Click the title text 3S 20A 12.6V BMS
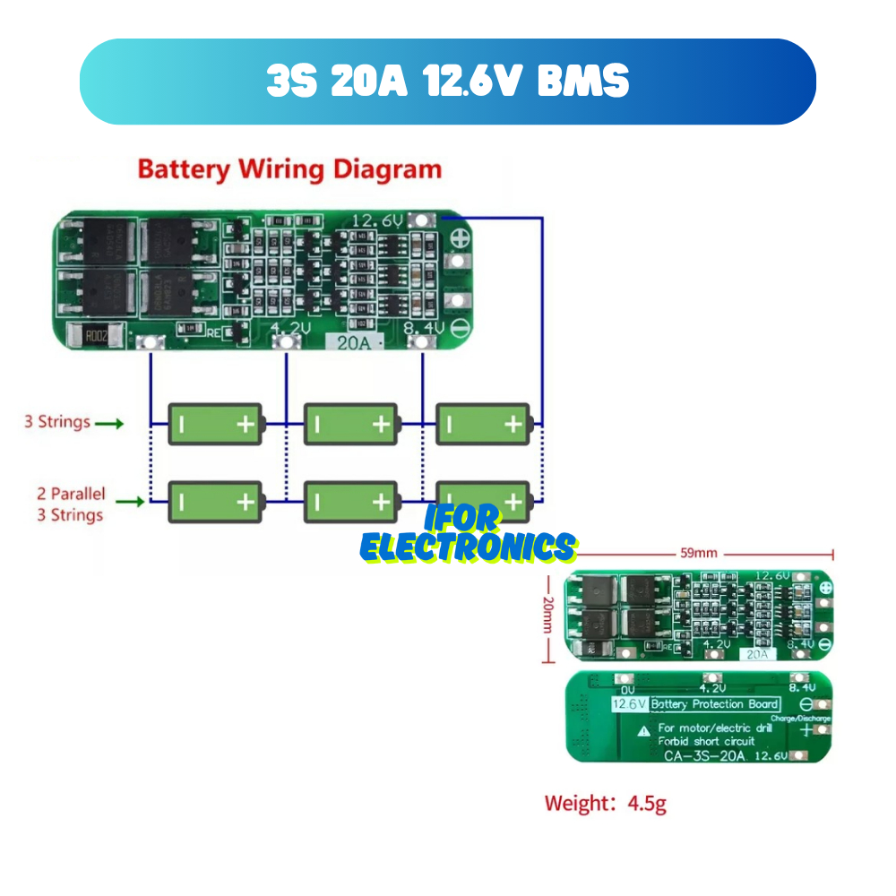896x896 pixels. pos(448,82)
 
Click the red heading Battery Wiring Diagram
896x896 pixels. pos(289,169)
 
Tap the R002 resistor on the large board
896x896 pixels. pos(96,337)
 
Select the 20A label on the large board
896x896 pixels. pos(353,341)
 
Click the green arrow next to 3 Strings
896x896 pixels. pos(108,423)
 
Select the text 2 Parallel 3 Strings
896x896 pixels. pos(70,504)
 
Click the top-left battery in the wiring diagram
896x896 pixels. pos(216,424)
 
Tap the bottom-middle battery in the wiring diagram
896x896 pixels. pos(350,502)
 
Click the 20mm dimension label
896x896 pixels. pos(547,616)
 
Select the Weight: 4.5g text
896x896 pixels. pos(606,804)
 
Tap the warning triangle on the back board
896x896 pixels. pos(643,730)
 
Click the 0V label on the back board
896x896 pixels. pos(627,690)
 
